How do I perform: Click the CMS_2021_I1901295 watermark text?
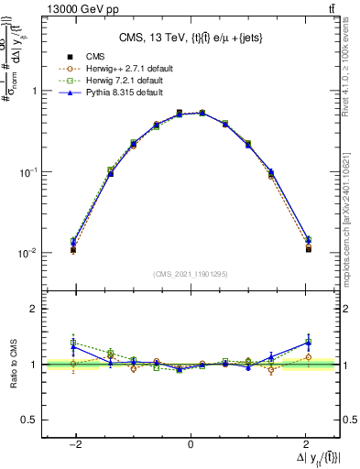click(x=191, y=274)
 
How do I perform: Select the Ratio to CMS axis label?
click(x=14, y=364)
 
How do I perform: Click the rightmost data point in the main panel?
click(x=309, y=248)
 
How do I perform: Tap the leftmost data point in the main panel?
click(x=72, y=249)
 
